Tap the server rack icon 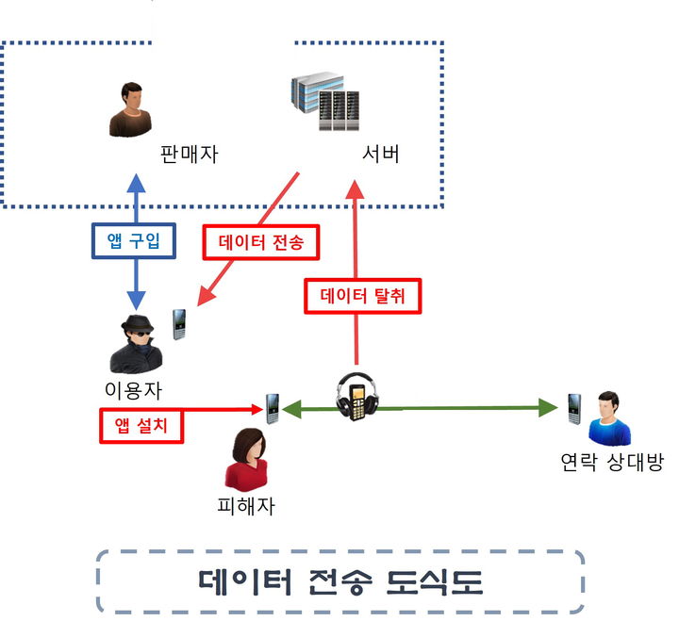tap(326, 105)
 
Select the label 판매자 tap(189, 155)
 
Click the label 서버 tap(381, 155)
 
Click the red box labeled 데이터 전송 tap(262, 242)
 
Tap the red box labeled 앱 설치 tap(141, 425)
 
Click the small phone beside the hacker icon tap(179, 324)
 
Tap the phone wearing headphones tap(358, 398)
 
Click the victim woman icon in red tap(247, 459)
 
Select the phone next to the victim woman tap(273, 408)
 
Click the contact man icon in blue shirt tap(608, 417)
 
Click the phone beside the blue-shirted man tap(572, 408)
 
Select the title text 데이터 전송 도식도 tap(340, 581)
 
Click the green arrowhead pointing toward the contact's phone tap(549, 408)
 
